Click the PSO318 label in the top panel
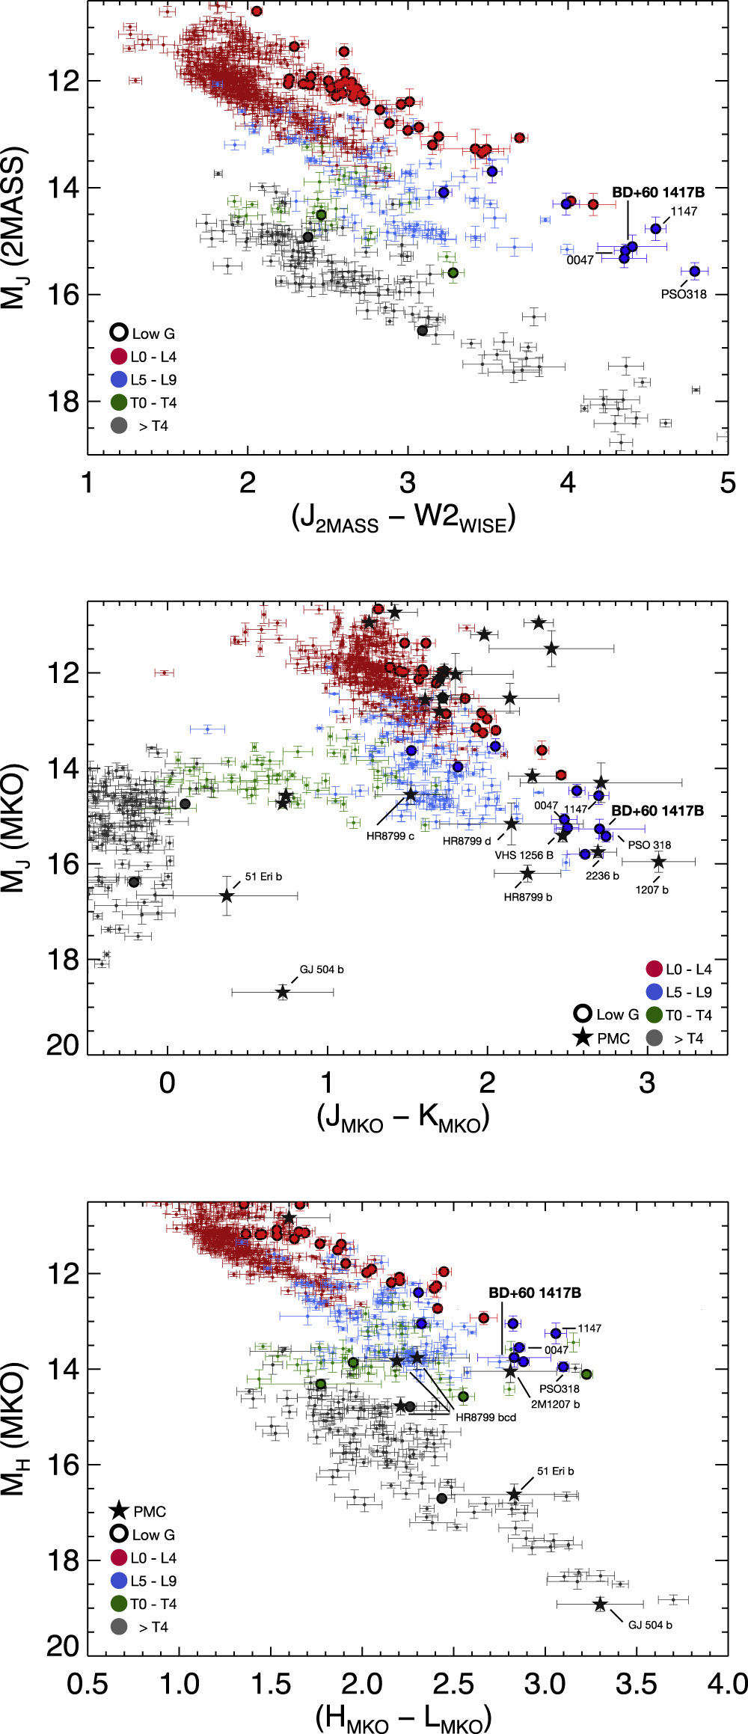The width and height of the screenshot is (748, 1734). click(683, 294)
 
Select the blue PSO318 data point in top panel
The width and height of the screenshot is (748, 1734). click(694, 271)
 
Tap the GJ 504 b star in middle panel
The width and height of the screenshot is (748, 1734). click(282, 992)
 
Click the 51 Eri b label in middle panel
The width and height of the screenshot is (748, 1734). click(263, 877)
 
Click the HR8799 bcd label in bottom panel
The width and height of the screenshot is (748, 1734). click(485, 1417)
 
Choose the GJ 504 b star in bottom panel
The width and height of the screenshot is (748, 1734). click(600, 1604)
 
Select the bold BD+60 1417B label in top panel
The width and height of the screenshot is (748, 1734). click(658, 192)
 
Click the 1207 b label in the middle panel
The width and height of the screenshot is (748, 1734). click(652, 889)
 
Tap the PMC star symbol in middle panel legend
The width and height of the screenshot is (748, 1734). click(583, 1038)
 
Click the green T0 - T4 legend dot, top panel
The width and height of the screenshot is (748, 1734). click(119, 402)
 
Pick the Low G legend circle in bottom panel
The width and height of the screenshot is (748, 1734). click(119, 1534)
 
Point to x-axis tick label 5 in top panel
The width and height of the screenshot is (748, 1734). click(727, 483)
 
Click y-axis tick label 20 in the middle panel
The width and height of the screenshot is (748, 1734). click(63, 1045)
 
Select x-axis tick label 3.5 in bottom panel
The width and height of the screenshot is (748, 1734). click(636, 1683)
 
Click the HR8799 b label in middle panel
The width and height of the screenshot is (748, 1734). click(527, 897)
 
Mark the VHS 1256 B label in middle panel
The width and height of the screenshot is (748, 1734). click(524, 855)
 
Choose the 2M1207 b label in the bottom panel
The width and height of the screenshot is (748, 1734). click(555, 1404)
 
